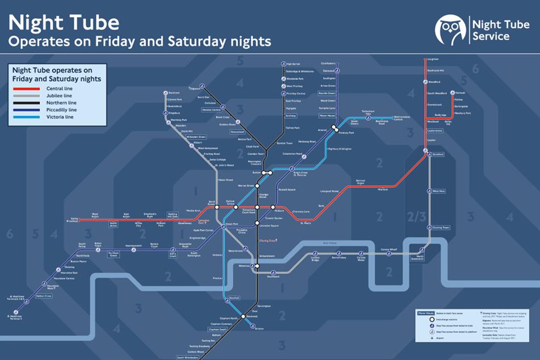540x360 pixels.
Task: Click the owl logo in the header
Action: (x=451, y=29)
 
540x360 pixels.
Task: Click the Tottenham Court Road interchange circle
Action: (x=257, y=207)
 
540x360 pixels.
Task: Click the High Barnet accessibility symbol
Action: (x=282, y=64)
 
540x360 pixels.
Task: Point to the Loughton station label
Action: (x=434, y=59)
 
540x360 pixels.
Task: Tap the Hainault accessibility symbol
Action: (x=452, y=92)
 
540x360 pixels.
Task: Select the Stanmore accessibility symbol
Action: (x=166, y=92)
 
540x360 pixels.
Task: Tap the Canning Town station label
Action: (x=441, y=227)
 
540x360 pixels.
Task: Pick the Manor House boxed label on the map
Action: (x=327, y=115)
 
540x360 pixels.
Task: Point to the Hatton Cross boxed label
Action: (x=44, y=296)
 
